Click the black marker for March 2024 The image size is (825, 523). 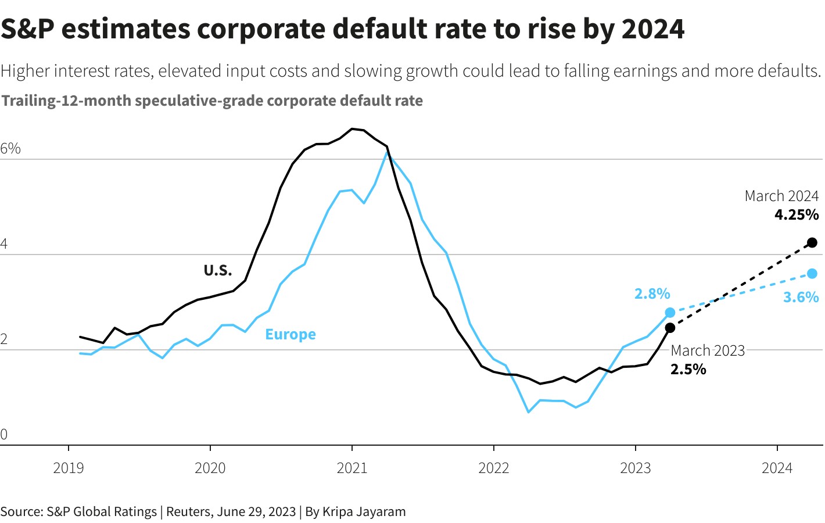812,242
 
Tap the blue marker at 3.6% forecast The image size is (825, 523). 812,274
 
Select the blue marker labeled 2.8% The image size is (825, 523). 670,313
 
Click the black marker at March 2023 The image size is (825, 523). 670,328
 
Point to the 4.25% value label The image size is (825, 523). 796,214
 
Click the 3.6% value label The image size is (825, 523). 801,297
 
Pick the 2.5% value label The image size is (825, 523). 688,369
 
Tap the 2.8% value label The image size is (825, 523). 652,293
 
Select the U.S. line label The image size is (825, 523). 217,270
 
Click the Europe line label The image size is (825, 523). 290,334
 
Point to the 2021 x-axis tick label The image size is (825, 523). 351,468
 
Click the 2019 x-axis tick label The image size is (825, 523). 69,468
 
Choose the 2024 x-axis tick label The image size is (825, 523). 777,468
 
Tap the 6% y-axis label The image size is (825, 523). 10,149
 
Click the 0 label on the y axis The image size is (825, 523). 4,434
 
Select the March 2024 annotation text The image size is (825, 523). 781,196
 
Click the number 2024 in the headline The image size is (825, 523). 653,28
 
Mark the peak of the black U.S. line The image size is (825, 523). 352,128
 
